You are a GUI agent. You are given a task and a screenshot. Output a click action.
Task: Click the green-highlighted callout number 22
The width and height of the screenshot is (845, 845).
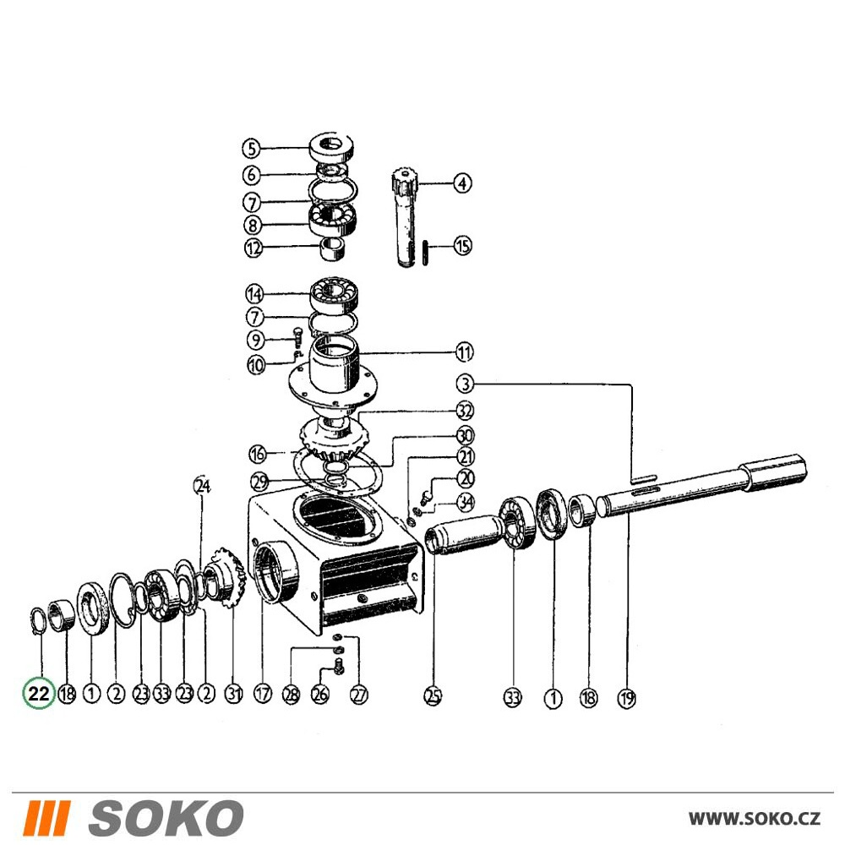pos(39,693)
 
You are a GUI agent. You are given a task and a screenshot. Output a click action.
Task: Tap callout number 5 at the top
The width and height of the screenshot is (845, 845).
pos(251,148)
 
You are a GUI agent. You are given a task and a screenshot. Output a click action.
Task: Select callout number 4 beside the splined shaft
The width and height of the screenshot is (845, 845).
pos(462,183)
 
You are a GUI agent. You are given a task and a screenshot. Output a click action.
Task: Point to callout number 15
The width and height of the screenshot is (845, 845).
pos(462,246)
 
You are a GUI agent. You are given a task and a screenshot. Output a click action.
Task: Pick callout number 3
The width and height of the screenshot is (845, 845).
pos(465,384)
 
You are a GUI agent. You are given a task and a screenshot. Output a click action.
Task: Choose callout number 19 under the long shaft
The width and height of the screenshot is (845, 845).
pos(626,699)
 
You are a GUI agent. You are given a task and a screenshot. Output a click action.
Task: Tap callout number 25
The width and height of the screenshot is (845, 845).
pos(433,696)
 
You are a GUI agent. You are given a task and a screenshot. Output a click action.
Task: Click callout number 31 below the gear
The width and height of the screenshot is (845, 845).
pos(233,694)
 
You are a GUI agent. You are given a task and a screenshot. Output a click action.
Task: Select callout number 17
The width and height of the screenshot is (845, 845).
pos(263,694)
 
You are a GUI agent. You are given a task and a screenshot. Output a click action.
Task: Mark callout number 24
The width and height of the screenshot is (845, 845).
pos(202,486)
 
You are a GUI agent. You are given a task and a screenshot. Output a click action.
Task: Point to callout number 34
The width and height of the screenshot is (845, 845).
pos(466,502)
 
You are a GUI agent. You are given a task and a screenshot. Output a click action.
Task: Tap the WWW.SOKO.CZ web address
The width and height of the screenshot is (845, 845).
pos(755,819)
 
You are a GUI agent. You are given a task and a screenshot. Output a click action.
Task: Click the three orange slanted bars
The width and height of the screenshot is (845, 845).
pos(48,818)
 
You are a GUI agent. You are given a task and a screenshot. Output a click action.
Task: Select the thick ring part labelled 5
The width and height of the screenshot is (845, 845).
pos(331,146)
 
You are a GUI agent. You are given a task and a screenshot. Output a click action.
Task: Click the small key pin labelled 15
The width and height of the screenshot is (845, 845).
pos(425,253)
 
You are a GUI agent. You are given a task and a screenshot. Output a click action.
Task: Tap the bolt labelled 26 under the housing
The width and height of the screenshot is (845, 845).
pos(339,666)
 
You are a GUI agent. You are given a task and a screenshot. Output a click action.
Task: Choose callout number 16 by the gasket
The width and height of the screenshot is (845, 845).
pos(258,454)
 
